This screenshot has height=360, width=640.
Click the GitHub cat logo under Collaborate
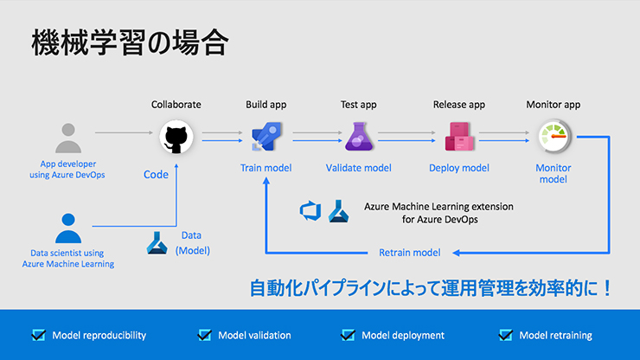(176, 136)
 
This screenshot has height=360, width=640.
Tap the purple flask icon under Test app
(358, 136)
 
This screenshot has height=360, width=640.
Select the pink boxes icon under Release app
(457, 137)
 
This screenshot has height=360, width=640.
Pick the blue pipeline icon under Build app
(264, 136)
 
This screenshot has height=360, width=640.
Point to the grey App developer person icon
(67, 138)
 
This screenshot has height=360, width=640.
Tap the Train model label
(266, 168)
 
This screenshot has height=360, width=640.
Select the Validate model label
(358, 168)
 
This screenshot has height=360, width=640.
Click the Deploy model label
(458, 168)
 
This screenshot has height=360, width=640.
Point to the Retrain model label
(410, 253)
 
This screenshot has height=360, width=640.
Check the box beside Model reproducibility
(38, 335)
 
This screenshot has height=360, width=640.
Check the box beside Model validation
(204, 335)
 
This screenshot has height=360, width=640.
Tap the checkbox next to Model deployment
(349, 335)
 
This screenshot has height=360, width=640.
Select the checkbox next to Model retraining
(506, 335)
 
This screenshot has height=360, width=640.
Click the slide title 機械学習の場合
(129, 44)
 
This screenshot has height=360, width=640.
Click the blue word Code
(156, 175)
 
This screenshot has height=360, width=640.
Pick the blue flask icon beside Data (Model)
(157, 243)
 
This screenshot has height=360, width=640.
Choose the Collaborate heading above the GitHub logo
(176, 105)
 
